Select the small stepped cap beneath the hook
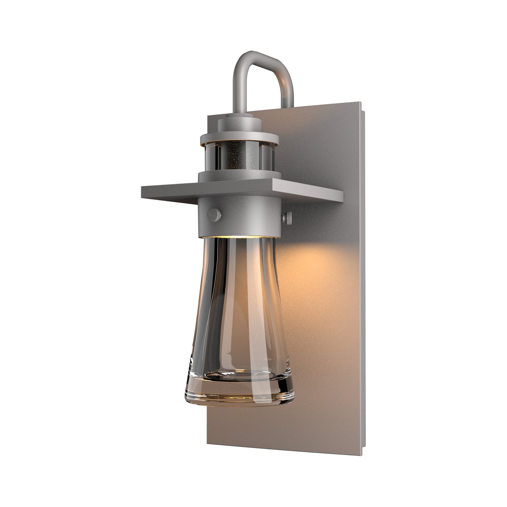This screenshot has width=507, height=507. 240,125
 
